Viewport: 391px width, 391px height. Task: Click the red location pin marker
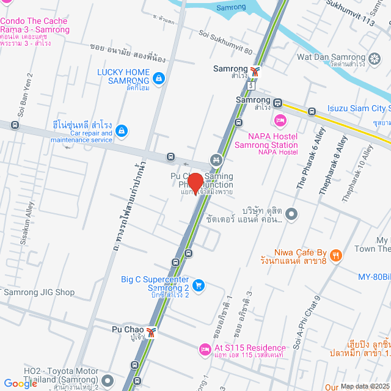(195, 183)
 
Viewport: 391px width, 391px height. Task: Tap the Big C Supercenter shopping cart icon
(198, 285)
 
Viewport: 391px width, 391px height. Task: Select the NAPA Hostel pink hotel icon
(280, 119)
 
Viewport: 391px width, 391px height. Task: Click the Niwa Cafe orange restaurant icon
(335, 255)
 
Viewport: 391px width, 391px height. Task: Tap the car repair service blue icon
(122, 130)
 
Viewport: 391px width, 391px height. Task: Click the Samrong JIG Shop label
(39, 292)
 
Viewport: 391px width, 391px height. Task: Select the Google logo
(21, 384)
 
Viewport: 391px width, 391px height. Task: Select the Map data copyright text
(364, 386)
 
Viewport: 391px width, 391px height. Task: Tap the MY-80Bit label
(374, 277)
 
